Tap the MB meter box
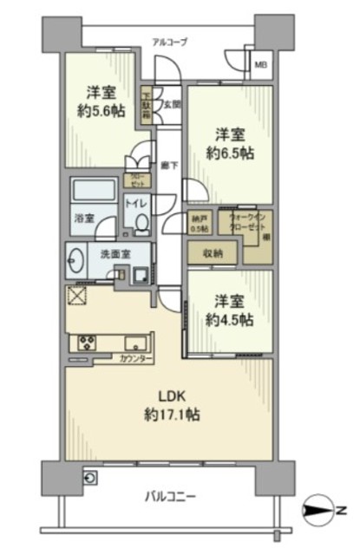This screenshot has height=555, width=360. tap(260, 64)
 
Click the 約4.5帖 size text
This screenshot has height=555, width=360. tap(229, 319)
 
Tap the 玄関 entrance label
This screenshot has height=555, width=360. tap(172, 103)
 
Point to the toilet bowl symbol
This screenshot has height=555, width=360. tap(141, 224)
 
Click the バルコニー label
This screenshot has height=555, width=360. tap(168, 496)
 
